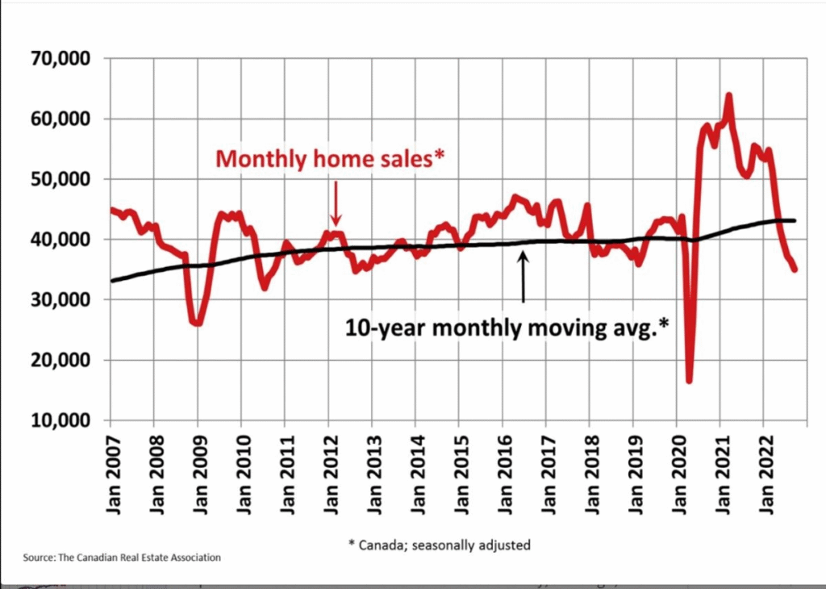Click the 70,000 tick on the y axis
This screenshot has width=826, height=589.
pos(60,59)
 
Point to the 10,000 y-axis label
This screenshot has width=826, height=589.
pos(60,420)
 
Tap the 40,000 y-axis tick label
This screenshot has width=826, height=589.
pos(60,240)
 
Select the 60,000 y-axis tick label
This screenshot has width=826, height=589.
pos(60,119)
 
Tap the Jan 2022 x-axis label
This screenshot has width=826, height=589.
pos(765,473)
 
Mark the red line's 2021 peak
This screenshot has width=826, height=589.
pos(728,96)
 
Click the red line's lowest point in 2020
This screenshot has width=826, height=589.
pos(689,380)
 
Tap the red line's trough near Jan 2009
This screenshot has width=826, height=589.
pos(198,324)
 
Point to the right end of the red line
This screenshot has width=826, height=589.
pos(795,269)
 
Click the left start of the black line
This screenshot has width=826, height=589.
pos(113,281)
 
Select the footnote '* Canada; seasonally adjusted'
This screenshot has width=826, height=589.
pos(440,545)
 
